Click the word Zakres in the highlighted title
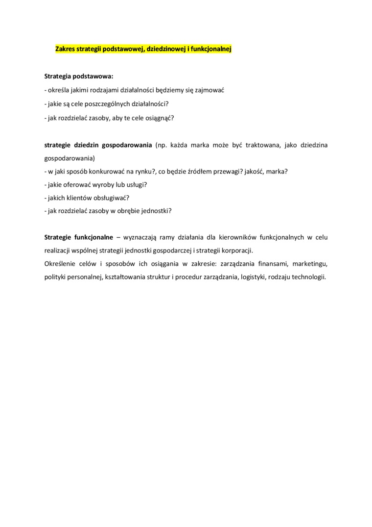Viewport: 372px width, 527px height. pos(66,49)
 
